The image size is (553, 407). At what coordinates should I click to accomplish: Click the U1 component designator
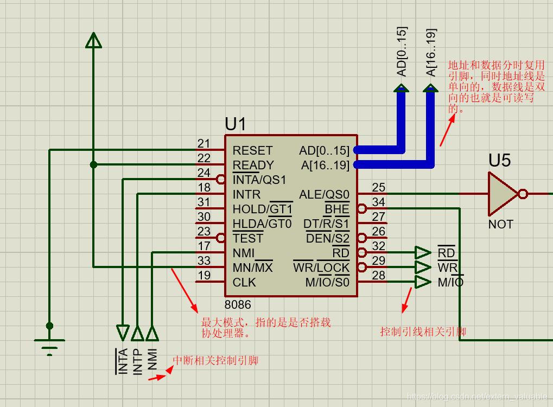pos(236,124)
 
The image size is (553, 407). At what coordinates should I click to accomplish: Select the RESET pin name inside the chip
pos(252,150)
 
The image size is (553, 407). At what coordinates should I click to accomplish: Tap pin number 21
pos(204,144)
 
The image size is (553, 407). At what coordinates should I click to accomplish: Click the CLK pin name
pos(244,282)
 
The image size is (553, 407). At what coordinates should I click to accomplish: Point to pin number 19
pos(204,276)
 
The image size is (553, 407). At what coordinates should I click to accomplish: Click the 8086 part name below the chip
pos(238,305)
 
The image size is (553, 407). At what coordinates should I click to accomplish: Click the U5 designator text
pos(500,161)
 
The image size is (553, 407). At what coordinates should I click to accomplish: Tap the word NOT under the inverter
pos(500,224)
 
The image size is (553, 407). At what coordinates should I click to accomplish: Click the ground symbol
pos(49,345)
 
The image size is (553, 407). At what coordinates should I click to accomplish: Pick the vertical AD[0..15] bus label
pos(402,52)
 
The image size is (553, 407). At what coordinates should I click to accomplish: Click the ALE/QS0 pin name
pos(325,194)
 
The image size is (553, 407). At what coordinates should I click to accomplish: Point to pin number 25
pos(378,188)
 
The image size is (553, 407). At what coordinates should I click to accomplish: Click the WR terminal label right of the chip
pos(448,268)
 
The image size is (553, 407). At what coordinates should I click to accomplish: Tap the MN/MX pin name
pos(252,268)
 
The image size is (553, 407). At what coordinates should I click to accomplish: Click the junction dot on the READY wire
pos(94,164)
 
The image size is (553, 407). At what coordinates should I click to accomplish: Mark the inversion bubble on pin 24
pos(221,179)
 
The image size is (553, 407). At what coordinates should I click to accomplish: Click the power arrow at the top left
pos(94,40)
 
